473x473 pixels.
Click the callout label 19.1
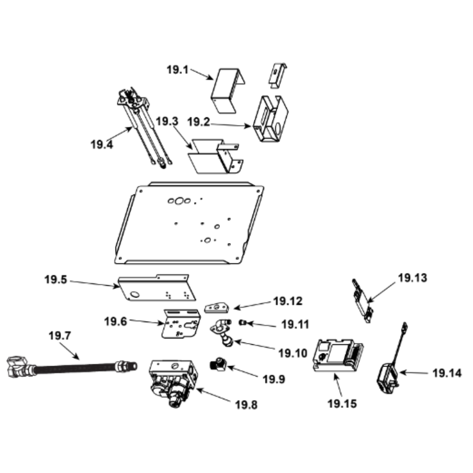pos(177,70)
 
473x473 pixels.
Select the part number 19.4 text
pos(102,144)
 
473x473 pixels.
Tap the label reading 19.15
pos(342,403)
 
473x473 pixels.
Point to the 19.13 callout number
pos(412,278)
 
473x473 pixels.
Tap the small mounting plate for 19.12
pos(217,308)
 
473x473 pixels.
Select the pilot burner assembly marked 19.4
pos(142,127)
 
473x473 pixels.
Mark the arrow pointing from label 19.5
pos(95,284)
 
